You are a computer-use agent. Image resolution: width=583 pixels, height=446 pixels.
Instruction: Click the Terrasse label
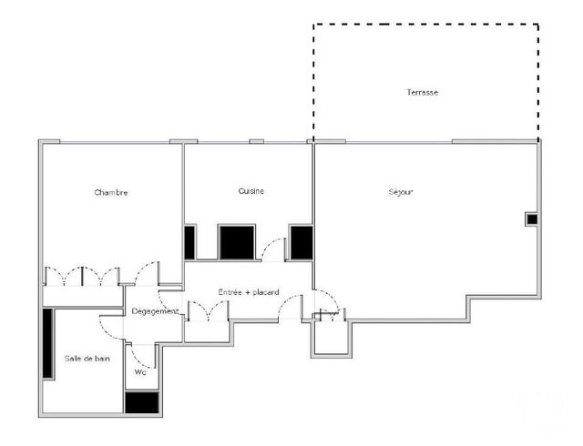coord(423,93)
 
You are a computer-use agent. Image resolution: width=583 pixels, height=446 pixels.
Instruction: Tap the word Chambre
coord(110,192)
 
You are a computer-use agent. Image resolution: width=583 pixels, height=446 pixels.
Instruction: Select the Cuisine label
coord(251,191)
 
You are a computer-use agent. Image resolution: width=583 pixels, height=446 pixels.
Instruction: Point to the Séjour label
coord(401,192)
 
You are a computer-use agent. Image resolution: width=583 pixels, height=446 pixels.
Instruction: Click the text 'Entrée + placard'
coord(248,292)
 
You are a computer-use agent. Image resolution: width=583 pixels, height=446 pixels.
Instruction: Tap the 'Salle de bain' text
coord(87,359)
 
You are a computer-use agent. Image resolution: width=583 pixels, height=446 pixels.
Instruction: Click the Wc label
coord(140,372)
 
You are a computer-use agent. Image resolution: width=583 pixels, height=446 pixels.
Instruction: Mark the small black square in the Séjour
coord(531,218)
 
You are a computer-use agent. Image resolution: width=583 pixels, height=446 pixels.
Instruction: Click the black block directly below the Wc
coord(141,403)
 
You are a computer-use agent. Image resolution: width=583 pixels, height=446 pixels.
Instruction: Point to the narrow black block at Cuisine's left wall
coord(189,242)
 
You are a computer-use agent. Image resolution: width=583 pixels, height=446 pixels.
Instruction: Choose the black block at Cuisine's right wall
coord(301,242)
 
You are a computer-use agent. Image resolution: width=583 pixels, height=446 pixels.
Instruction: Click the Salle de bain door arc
coord(110,323)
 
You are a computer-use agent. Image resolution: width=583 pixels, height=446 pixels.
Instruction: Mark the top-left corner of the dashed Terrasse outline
coord(314,25)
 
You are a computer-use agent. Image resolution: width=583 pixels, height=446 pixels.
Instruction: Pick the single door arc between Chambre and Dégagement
coord(142,273)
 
